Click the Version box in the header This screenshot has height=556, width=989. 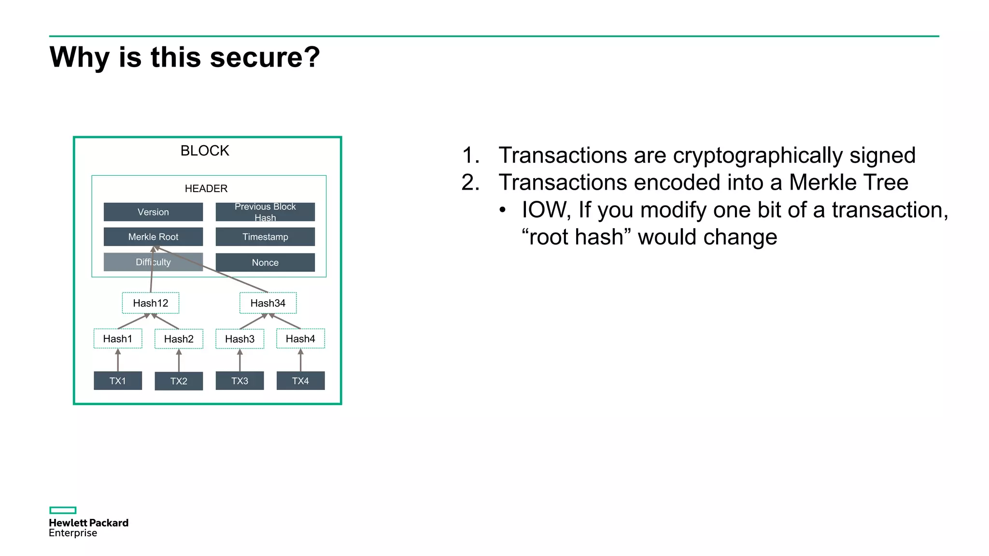[153, 212]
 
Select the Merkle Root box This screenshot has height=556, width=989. [153, 237]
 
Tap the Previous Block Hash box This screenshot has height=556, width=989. [265, 212]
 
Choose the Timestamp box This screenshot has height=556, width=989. [265, 237]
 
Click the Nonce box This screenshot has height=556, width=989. [265, 263]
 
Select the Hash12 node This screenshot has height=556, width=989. [151, 303]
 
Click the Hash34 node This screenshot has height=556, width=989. [268, 303]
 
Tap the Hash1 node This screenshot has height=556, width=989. [118, 339]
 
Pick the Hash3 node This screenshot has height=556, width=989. [240, 339]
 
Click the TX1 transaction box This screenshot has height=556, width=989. [118, 381]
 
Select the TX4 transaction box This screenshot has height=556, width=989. [300, 381]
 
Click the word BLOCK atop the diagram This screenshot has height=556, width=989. [205, 151]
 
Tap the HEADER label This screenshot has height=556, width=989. [206, 188]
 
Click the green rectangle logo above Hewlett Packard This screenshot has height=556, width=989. [63, 510]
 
